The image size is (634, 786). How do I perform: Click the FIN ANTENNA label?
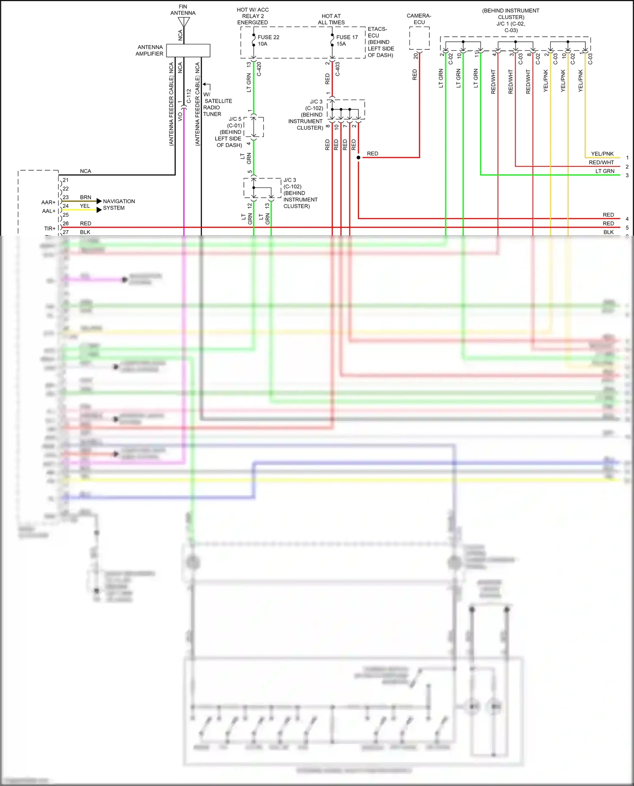(x=183, y=10)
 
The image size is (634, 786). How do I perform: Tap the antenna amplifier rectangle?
(x=188, y=50)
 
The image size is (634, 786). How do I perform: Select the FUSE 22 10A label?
(x=268, y=40)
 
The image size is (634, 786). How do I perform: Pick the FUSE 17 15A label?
(x=347, y=40)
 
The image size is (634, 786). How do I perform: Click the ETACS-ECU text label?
(x=377, y=32)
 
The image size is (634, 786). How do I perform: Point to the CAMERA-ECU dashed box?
(x=419, y=38)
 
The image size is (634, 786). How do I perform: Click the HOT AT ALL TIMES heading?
(x=331, y=19)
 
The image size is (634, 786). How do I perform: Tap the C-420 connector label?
(x=259, y=69)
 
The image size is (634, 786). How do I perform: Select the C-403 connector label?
(x=338, y=69)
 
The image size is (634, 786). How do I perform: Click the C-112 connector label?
(x=189, y=96)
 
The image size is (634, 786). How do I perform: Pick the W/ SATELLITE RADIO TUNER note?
(x=217, y=104)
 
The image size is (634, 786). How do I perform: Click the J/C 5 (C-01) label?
(x=235, y=122)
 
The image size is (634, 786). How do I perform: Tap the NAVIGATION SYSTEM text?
(x=119, y=204)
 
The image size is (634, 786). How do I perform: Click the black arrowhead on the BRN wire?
(x=99, y=201)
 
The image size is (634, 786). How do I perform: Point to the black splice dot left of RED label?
(x=358, y=158)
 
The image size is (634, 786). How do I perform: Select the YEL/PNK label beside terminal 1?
(x=602, y=154)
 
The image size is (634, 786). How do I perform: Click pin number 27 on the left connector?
(x=66, y=232)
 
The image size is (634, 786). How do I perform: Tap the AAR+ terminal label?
(x=48, y=202)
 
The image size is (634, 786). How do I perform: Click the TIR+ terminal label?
(x=49, y=228)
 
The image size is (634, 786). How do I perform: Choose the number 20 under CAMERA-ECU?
(x=415, y=55)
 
